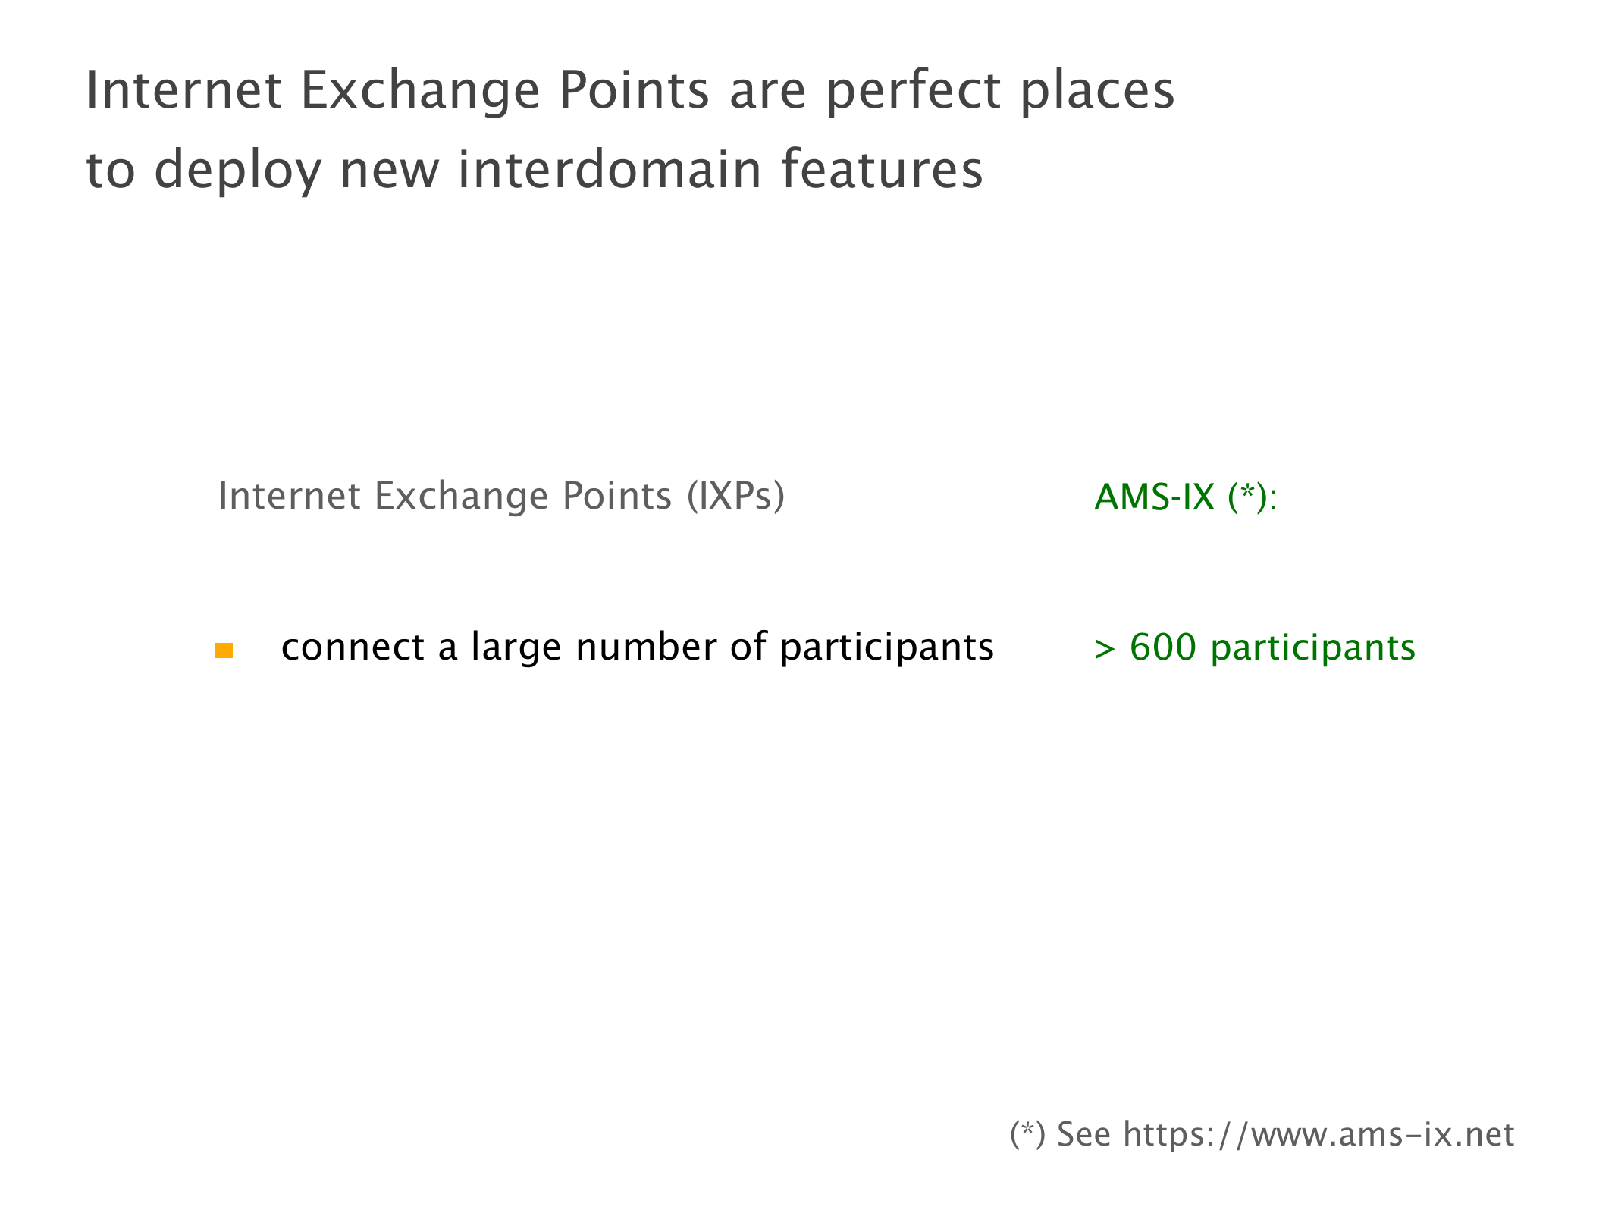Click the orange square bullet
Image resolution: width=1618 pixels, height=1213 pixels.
click(224, 650)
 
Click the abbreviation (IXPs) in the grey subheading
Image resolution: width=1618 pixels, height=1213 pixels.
click(735, 497)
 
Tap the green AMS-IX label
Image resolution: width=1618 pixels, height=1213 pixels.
click(1155, 497)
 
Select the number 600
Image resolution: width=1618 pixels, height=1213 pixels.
click(1163, 647)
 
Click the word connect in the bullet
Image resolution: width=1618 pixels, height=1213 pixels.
click(353, 649)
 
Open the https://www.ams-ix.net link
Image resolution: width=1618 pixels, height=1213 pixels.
click(1319, 1135)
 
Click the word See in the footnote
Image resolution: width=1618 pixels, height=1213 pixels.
click(1083, 1135)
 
